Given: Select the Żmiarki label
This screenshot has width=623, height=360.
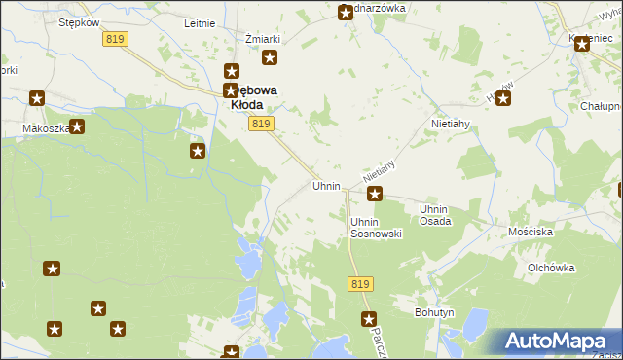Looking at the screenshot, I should coord(263,39).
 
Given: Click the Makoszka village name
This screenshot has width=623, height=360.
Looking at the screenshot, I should coord(44,127).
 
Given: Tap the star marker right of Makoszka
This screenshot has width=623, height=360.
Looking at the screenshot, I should coord(77,126).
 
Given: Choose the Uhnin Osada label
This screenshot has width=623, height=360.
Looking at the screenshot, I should coord(435,215).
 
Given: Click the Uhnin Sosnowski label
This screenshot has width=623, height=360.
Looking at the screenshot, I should coord(376,228).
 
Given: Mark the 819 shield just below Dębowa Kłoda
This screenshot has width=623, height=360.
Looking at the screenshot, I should coord(260,124).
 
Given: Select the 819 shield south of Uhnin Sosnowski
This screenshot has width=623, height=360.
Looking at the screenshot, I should coord(360,283).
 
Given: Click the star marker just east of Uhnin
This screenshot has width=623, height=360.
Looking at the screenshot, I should coord(374,194).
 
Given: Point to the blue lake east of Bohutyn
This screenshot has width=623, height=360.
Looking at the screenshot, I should coord(477,320).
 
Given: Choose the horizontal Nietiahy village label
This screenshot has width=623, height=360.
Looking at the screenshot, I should coord(451,126).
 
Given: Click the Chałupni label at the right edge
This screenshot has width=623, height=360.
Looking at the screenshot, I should coord(600,106).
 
